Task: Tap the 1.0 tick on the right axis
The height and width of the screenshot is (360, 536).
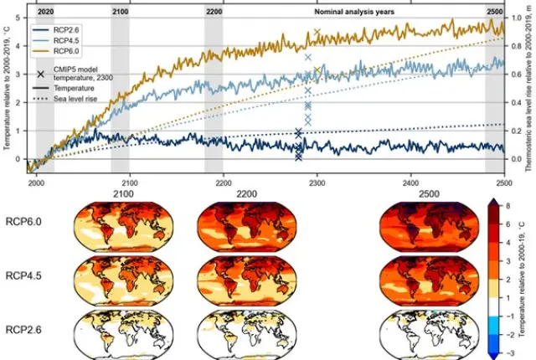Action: (x=515, y=17)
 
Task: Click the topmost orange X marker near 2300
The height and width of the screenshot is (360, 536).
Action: (x=316, y=32)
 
